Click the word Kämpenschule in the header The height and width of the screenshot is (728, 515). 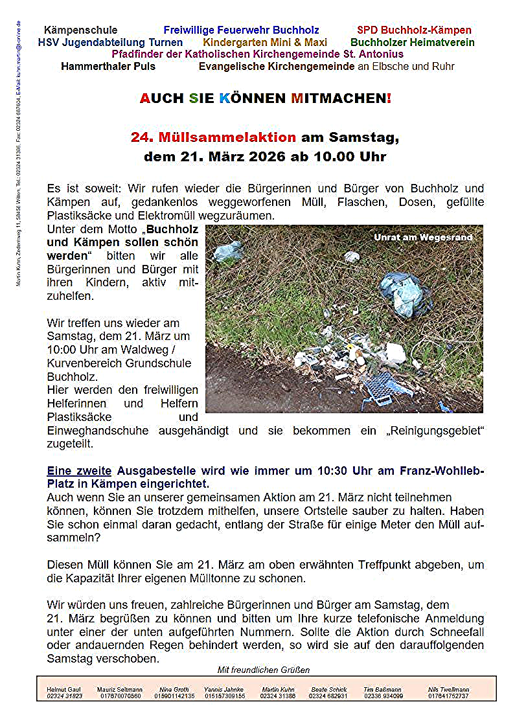coord(81,30)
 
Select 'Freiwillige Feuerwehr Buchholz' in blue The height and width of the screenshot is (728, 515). coord(241,30)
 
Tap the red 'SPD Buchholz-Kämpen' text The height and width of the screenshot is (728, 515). coord(414,30)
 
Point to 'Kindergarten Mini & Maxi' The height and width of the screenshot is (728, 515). coord(265,42)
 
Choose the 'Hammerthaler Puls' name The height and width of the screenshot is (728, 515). coord(108,66)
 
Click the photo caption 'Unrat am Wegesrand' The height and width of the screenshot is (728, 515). coord(423,238)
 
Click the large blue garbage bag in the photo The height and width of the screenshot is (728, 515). coord(406,293)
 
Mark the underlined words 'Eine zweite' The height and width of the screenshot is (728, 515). coord(79,472)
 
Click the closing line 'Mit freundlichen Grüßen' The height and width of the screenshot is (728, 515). coord(264,670)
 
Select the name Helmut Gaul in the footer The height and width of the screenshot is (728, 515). coord(65,690)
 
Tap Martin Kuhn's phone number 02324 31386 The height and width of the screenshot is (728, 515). coord(279,696)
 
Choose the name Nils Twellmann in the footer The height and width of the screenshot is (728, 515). coord(448,690)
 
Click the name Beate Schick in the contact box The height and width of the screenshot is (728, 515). coord(329,690)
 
